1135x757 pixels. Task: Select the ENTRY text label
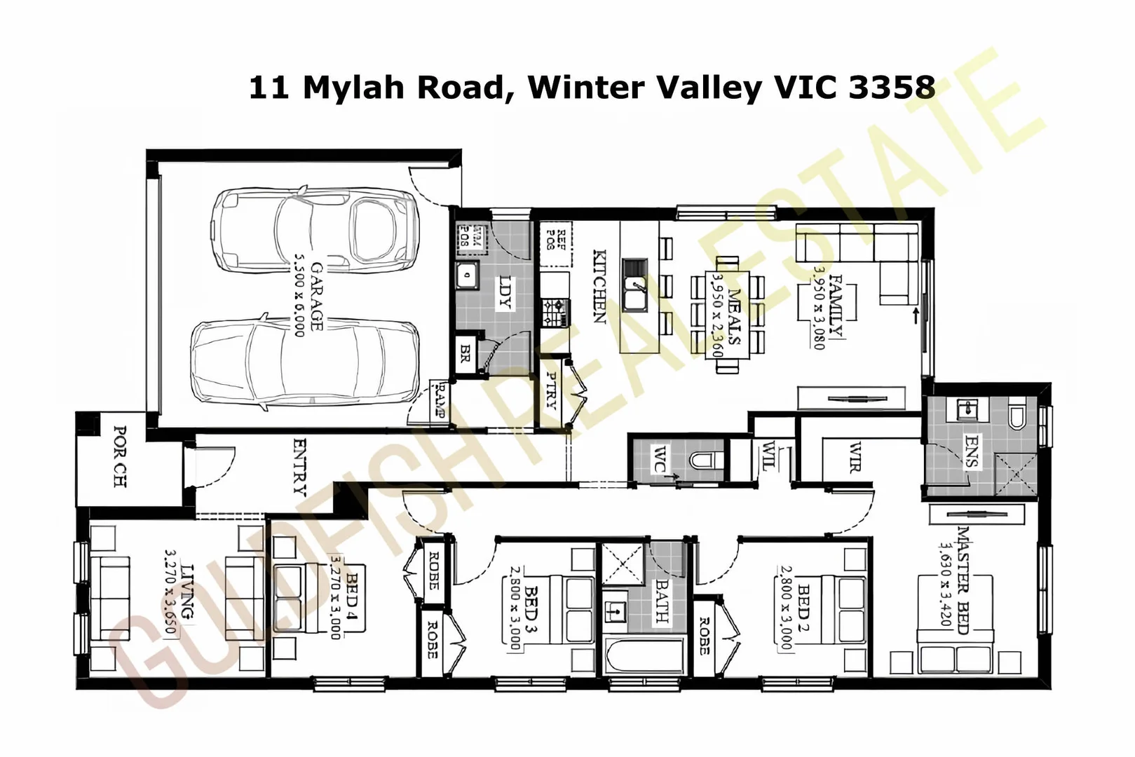pyautogui.click(x=300, y=465)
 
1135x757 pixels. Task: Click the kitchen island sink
pyautogui.click(x=636, y=294)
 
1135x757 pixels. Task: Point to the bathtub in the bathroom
pyautogui.click(x=644, y=657)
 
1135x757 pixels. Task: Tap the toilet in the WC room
pyautogui.click(x=705, y=461)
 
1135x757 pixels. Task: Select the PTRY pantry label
pyautogui.click(x=552, y=390)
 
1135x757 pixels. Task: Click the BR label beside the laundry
pyautogui.click(x=465, y=353)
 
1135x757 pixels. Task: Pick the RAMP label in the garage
pyautogui.click(x=440, y=400)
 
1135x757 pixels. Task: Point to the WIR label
pyautogui.click(x=854, y=457)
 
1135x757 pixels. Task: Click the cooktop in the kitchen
pyautogui.click(x=554, y=312)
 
